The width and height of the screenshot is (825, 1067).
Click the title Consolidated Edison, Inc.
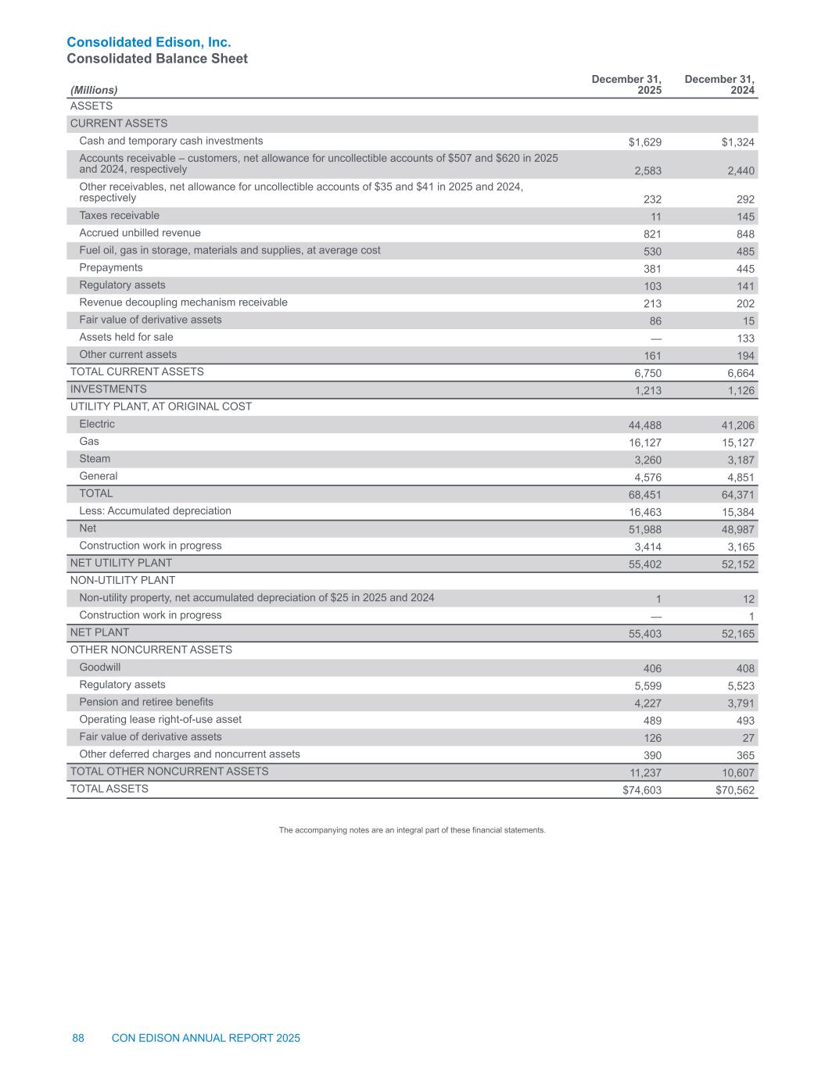point(149,42)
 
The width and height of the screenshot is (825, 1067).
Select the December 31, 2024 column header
point(720,85)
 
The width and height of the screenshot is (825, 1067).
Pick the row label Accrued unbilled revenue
point(140,233)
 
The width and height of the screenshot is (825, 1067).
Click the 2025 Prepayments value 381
point(652,269)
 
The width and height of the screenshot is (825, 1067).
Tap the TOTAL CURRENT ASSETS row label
point(137,372)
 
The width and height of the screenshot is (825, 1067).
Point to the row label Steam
point(95,459)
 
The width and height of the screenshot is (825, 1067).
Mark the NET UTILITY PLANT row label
point(121,563)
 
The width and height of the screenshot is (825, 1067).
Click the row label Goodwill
point(100,668)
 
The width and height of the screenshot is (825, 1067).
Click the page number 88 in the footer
point(78,1038)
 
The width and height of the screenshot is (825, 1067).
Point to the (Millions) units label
point(94,91)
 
